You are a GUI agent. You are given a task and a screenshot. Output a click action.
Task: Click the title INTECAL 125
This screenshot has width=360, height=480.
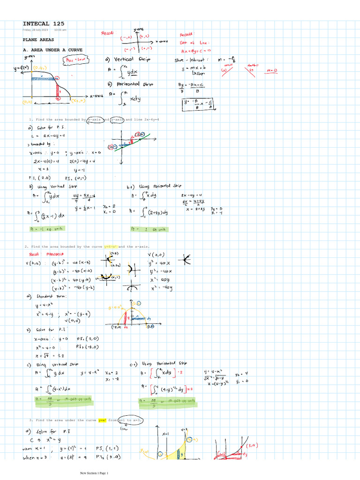(x=44, y=23)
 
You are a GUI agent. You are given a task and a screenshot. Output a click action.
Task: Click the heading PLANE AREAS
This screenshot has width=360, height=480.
(x=38, y=40)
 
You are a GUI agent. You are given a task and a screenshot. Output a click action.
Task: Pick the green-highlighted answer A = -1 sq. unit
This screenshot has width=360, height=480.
(x=47, y=229)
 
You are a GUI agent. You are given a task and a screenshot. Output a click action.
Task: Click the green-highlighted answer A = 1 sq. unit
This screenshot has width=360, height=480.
(x=150, y=229)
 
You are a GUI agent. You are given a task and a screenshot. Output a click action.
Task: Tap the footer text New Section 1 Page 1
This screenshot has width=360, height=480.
(x=94, y=473)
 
